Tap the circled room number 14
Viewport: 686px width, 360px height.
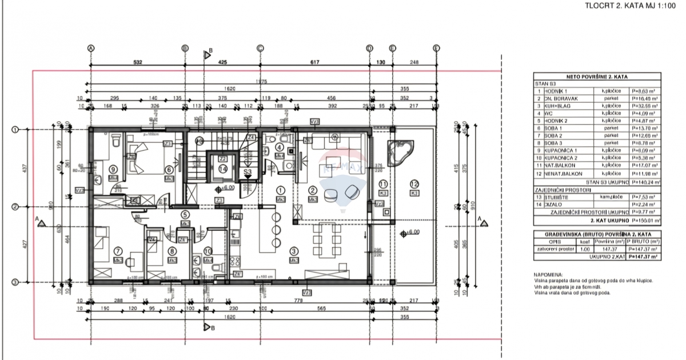coord(222,169)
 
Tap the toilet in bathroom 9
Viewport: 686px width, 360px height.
coord(114,140)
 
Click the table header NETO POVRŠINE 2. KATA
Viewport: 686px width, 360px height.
coord(597,75)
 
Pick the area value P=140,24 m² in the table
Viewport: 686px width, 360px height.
coord(645,183)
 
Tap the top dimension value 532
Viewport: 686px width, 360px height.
coord(138,62)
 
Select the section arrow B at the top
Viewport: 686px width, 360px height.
coord(208,54)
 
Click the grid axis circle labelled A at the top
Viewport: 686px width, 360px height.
coord(90,48)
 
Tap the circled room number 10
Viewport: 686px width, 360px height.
coord(208,250)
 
